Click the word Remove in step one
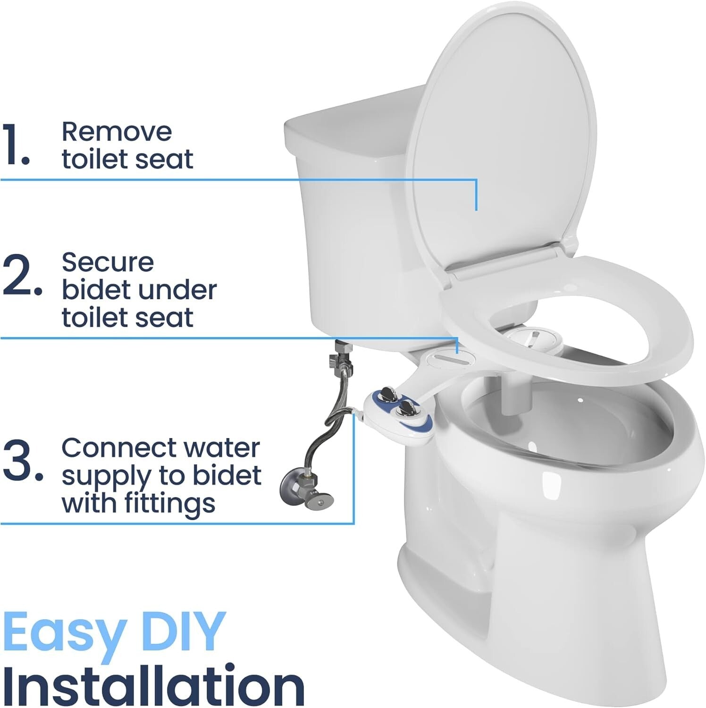point(117,132)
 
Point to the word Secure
point(108,262)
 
